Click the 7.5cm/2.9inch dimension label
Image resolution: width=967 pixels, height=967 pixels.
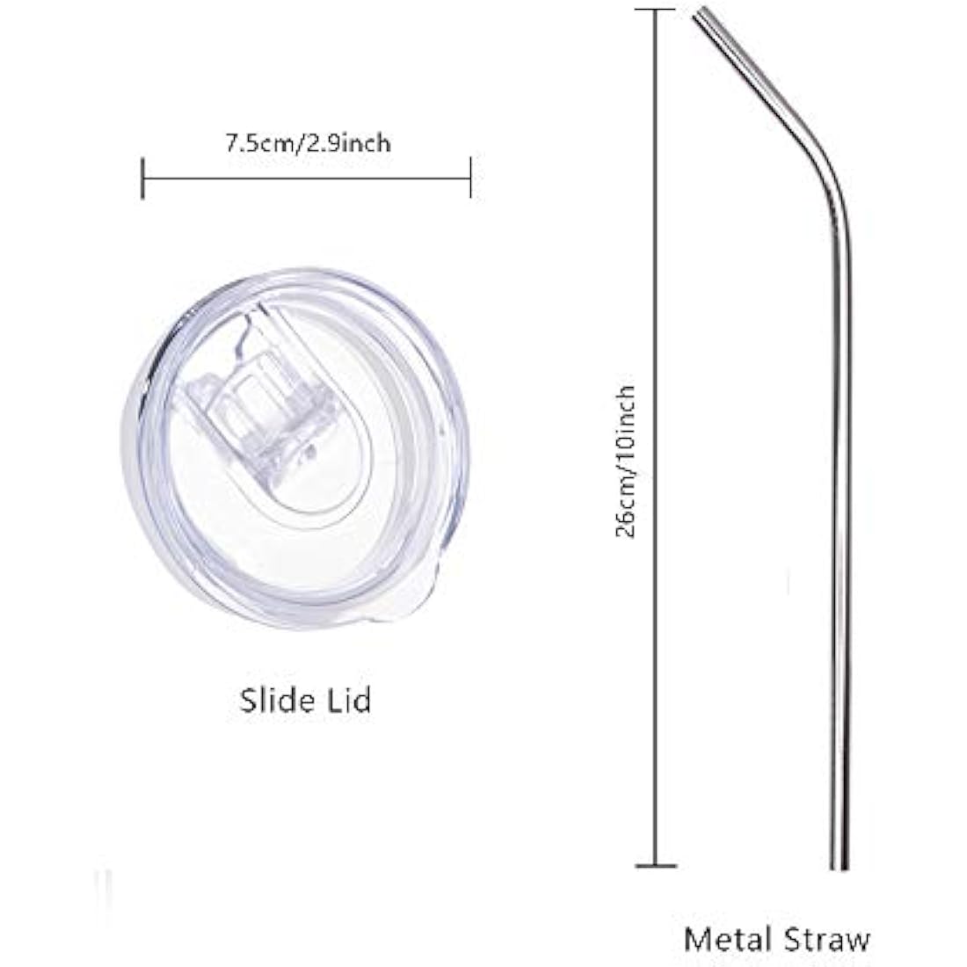[x=307, y=143]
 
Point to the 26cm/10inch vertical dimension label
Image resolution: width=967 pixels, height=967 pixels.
[x=625, y=461]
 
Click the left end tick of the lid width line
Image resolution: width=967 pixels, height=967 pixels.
[x=142, y=178]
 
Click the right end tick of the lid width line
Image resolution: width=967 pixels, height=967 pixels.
[x=470, y=178]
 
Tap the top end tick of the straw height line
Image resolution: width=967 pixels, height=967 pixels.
[x=655, y=10]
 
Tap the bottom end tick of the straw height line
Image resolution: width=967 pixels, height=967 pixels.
[x=656, y=866]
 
